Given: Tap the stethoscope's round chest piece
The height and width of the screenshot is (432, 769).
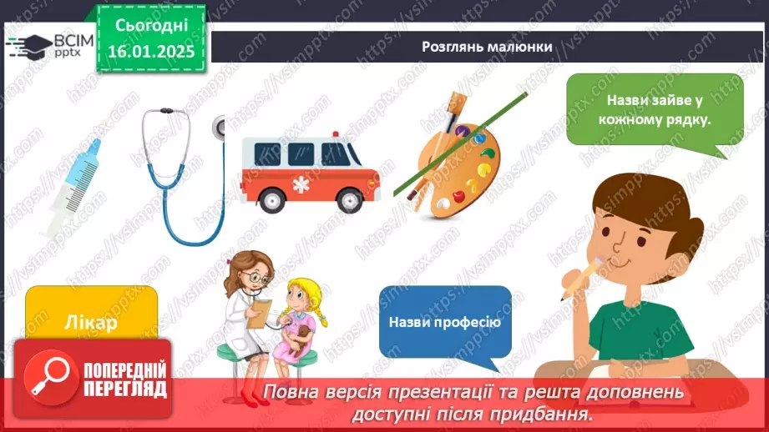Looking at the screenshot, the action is pos(220,128).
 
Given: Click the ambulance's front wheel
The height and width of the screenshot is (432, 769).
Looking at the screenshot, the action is pos(350,200).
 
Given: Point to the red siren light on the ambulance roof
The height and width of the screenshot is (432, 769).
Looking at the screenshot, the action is pos(336,134).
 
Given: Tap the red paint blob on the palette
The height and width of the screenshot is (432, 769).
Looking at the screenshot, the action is pos(458,197).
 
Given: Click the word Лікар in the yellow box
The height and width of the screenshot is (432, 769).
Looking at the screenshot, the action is pos(91,323).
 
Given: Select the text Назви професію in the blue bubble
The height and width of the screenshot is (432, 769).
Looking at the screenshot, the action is pos(445,322).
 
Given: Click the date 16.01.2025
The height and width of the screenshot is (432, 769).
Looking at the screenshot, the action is pos(151,51).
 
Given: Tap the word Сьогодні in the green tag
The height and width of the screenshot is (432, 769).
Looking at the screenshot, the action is pos(151,26).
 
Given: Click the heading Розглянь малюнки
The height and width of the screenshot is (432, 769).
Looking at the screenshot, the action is pos(487,47).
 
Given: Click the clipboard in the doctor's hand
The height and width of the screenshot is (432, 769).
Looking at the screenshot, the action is pos(260,314).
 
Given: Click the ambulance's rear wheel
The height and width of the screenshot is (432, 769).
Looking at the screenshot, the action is pos(271,200).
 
